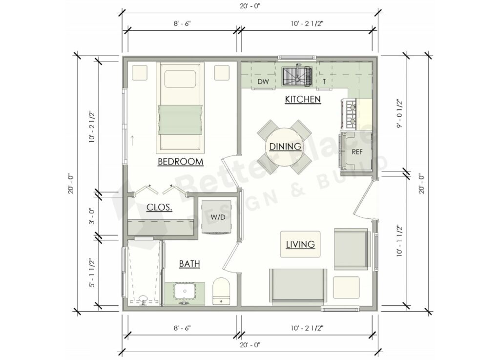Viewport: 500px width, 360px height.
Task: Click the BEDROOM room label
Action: [180, 162]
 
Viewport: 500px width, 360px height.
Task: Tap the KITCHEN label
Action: [303, 100]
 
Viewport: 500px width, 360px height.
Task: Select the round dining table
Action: [283, 146]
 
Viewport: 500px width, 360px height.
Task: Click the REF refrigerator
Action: [356, 151]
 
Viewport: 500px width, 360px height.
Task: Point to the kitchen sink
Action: [297, 76]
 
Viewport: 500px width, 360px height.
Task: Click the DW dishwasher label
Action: [262, 82]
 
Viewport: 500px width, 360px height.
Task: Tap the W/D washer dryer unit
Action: [218, 216]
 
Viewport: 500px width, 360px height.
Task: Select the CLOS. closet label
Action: [159, 207]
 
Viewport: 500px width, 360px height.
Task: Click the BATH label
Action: [189, 264]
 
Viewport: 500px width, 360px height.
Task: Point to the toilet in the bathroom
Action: [221, 291]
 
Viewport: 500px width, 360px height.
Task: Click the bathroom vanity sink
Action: [186, 293]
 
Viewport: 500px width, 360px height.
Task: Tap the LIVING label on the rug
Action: [300, 244]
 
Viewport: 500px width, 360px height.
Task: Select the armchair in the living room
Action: [350, 249]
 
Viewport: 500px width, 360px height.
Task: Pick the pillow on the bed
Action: [180, 79]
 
